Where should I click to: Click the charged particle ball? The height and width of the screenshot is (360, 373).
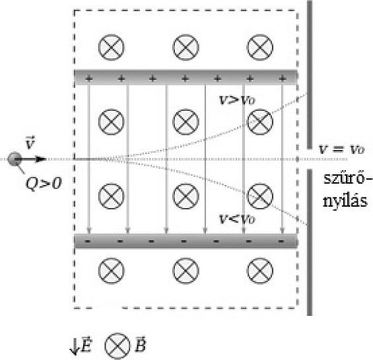tap(15, 159)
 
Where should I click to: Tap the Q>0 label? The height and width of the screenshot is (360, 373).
tap(44, 184)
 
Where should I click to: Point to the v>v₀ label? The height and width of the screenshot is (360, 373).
tap(237, 100)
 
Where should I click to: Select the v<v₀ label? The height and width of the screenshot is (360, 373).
tap(237, 219)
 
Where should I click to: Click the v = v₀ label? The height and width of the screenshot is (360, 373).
tap(341, 149)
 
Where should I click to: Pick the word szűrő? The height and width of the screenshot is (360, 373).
tap(344, 178)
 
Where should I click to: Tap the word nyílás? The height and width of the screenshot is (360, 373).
tap(345, 200)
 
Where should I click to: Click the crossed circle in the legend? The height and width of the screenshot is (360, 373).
tap(118, 346)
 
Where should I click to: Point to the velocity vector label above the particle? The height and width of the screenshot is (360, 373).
tap(30, 142)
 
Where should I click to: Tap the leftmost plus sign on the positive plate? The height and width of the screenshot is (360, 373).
tap(88, 78)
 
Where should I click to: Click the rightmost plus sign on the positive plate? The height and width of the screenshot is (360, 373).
tap(282, 78)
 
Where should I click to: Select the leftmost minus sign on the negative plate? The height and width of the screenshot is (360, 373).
tap(88, 241)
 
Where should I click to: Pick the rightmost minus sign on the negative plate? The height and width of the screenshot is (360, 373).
tap(281, 241)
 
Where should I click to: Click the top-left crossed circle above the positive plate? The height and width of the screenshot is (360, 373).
tap(111, 47)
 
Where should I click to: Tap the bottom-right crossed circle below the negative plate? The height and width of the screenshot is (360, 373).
tap(259, 271)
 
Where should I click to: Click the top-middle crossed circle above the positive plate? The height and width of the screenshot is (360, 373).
tap(186, 47)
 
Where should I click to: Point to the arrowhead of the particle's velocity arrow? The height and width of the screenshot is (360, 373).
tap(41, 159)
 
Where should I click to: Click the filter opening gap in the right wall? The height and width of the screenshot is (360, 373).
tap(310, 159)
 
